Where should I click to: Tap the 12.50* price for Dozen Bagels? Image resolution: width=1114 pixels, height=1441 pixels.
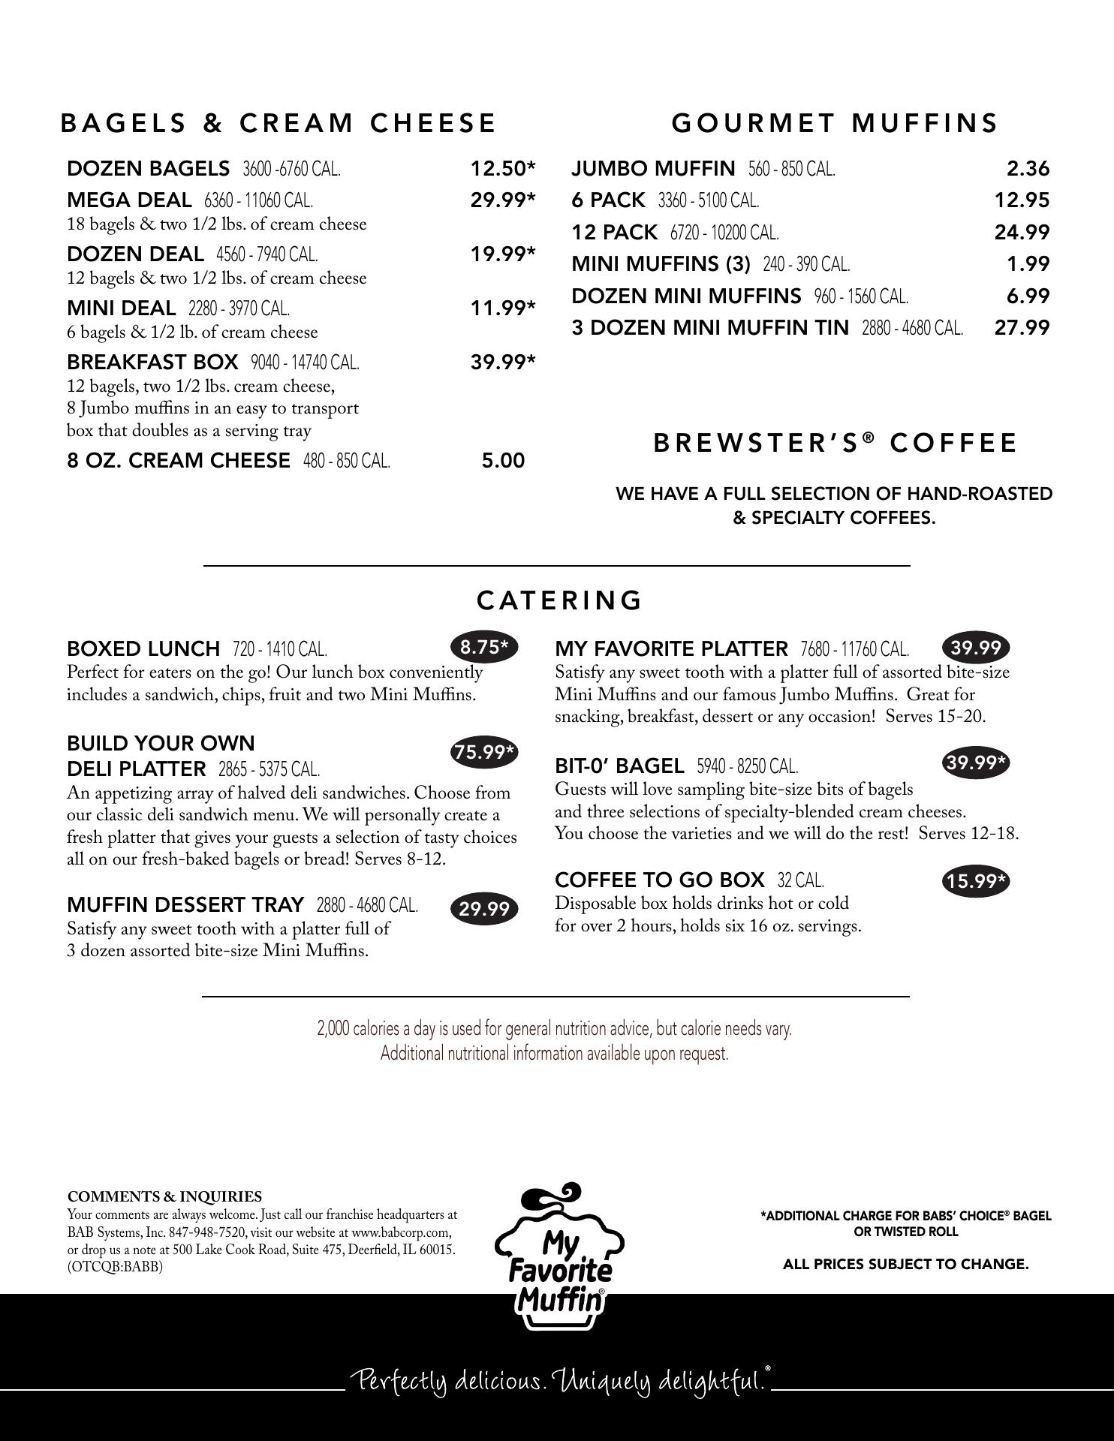tap(502, 169)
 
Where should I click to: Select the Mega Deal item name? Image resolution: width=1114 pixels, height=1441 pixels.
tap(129, 200)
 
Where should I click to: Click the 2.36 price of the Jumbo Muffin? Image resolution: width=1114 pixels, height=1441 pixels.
tap(1028, 169)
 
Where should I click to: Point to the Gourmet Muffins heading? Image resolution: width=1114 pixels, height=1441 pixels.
tap(835, 123)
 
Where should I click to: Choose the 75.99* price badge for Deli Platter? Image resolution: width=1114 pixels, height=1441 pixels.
tap(485, 752)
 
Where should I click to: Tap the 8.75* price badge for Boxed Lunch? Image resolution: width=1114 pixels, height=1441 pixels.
tap(484, 647)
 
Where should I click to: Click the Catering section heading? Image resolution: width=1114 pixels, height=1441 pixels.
tap(559, 600)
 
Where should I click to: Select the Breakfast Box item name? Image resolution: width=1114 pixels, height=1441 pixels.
tap(152, 363)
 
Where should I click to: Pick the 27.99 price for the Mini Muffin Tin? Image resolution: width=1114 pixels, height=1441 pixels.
tap(1022, 327)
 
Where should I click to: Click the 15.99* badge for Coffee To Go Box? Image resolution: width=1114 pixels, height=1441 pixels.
tap(975, 881)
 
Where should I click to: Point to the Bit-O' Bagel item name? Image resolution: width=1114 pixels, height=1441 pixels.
tap(619, 766)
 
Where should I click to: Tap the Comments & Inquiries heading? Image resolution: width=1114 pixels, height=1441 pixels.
tap(164, 1196)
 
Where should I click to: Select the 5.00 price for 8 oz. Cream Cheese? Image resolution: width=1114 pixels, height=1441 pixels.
tap(503, 461)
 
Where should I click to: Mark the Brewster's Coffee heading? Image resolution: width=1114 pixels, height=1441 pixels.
tap(835, 444)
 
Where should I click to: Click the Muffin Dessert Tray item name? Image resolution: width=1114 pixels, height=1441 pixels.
tap(185, 904)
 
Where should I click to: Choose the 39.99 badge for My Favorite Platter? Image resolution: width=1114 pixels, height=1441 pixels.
tap(975, 647)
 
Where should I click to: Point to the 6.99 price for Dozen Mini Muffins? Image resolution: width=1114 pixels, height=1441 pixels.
tap(1028, 296)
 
